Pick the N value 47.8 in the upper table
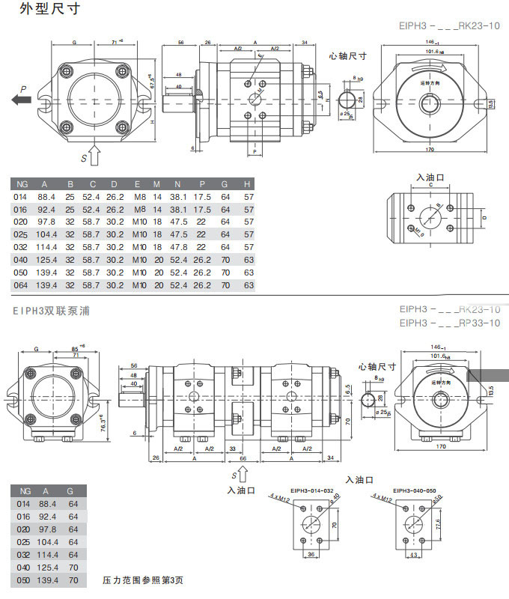point(178,247)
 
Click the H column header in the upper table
point(246,183)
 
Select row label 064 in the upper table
point(21,285)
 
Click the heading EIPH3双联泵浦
point(51,310)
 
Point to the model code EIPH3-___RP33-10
point(450,323)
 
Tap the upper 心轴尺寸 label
point(348,56)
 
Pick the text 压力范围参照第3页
point(143,580)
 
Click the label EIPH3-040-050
point(414,491)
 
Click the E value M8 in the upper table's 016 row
point(139,210)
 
